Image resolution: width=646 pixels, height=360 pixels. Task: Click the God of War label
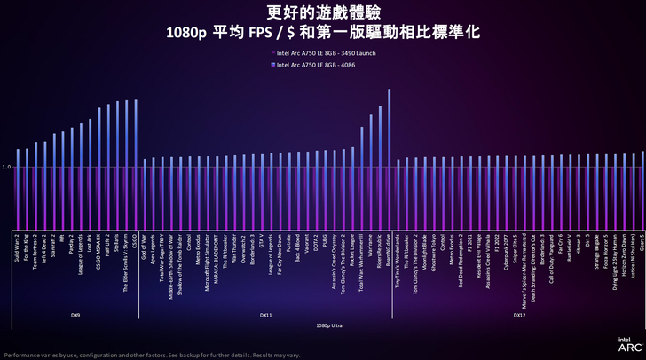pos(146,245)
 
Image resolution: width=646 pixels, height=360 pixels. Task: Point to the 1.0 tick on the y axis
pos(6,167)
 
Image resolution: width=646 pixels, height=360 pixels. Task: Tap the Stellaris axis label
pos(117,243)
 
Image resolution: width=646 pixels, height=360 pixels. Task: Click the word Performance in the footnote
pos(20,353)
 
